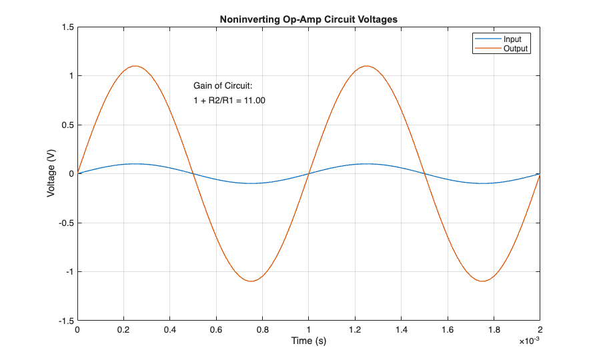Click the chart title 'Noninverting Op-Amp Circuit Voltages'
click(308, 19)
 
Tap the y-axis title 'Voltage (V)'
click(51, 173)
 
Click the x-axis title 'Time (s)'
click(308, 341)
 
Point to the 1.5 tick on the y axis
click(66, 27)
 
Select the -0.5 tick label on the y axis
click(65, 223)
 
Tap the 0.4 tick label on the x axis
click(169, 329)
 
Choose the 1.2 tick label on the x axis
click(354, 329)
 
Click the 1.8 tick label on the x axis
click(493, 329)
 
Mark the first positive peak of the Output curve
click(135, 66)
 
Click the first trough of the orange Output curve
click(251, 281)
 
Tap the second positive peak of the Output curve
click(366, 66)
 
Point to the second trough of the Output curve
click(482, 281)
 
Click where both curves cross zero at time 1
click(308, 173)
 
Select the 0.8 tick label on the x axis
click(262, 329)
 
